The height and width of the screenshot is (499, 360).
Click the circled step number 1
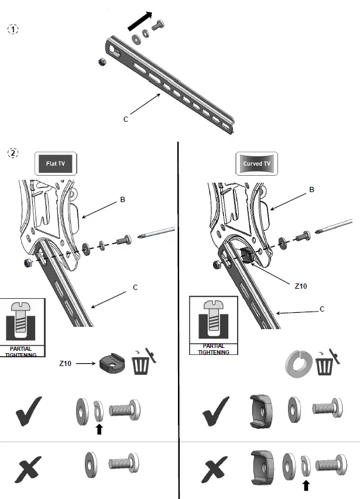point(13,29)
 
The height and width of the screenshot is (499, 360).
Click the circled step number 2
point(13,153)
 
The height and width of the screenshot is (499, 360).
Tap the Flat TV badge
point(57,163)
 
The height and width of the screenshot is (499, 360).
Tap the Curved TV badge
point(257,163)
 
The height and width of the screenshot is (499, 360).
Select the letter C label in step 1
point(125,119)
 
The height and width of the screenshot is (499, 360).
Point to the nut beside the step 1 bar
point(101,61)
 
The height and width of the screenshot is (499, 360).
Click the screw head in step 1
point(159,26)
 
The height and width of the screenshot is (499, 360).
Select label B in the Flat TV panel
point(123,200)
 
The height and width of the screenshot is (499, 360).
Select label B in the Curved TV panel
point(312,190)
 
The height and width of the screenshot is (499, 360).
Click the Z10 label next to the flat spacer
point(66,364)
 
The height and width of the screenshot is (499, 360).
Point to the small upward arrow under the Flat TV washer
point(99,429)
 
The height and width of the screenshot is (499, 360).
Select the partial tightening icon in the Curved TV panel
point(213,325)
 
